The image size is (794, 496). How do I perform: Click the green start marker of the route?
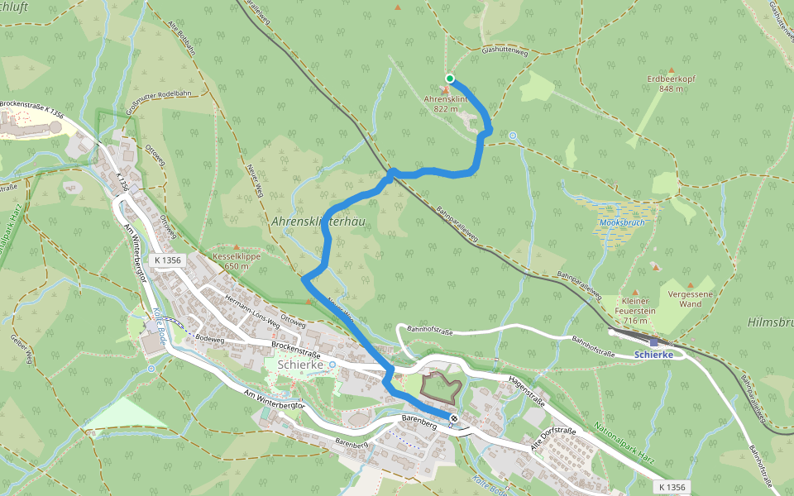(x=450, y=79)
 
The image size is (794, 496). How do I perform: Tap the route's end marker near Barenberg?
(x=454, y=418)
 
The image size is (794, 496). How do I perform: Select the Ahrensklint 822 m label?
(x=446, y=103)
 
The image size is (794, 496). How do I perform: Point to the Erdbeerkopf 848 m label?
(x=671, y=83)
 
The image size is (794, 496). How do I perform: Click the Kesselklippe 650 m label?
(x=237, y=261)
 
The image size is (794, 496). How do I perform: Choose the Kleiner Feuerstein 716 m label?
(x=636, y=311)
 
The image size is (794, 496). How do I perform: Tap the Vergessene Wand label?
(x=684, y=298)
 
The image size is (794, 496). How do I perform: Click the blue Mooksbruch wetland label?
(x=622, y=223)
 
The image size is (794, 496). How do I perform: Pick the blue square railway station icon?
(x=653, y=341)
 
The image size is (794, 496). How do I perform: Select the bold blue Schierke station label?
(x=653, y=355)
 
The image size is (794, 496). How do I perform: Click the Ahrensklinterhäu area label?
(x=318, y=222)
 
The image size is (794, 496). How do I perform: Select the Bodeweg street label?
(x=210, y=337)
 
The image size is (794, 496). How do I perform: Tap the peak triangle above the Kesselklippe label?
(x=237, y=247)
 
